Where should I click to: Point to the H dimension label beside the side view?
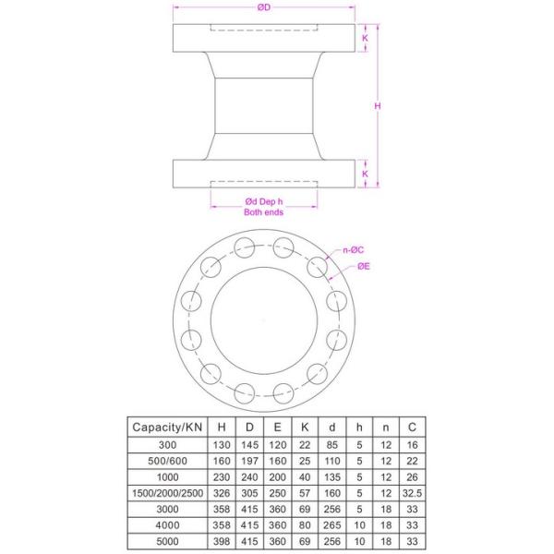(378, 106)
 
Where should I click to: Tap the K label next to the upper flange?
(365, 39)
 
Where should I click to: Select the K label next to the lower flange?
(365, 173)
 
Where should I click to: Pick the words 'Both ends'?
(263, 212)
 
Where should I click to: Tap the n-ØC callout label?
(352, 249)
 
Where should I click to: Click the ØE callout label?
(366, 267)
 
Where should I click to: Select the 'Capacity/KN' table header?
(167, 428)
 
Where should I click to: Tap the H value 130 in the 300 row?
(222, 444)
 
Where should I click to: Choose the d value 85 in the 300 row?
(331, 444)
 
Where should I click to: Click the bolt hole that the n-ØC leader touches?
(318, 267)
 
